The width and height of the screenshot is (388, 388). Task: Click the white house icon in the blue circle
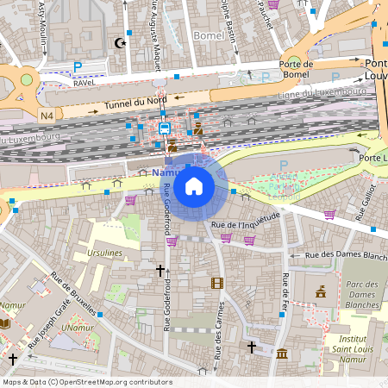[194, 185]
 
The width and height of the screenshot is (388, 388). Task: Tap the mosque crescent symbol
[119, 42]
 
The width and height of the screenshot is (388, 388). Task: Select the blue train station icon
[164, 128]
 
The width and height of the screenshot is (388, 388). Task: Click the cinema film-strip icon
[216, 283]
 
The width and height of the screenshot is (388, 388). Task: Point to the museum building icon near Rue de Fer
[282, 353]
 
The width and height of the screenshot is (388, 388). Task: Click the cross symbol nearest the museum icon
[251, 347]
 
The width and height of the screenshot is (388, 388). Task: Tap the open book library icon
[5, 322]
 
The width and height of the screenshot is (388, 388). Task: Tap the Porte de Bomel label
[294, 70]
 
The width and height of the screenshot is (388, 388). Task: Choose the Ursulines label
[104, 254]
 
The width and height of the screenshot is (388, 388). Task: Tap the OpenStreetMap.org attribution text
[86, 382]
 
